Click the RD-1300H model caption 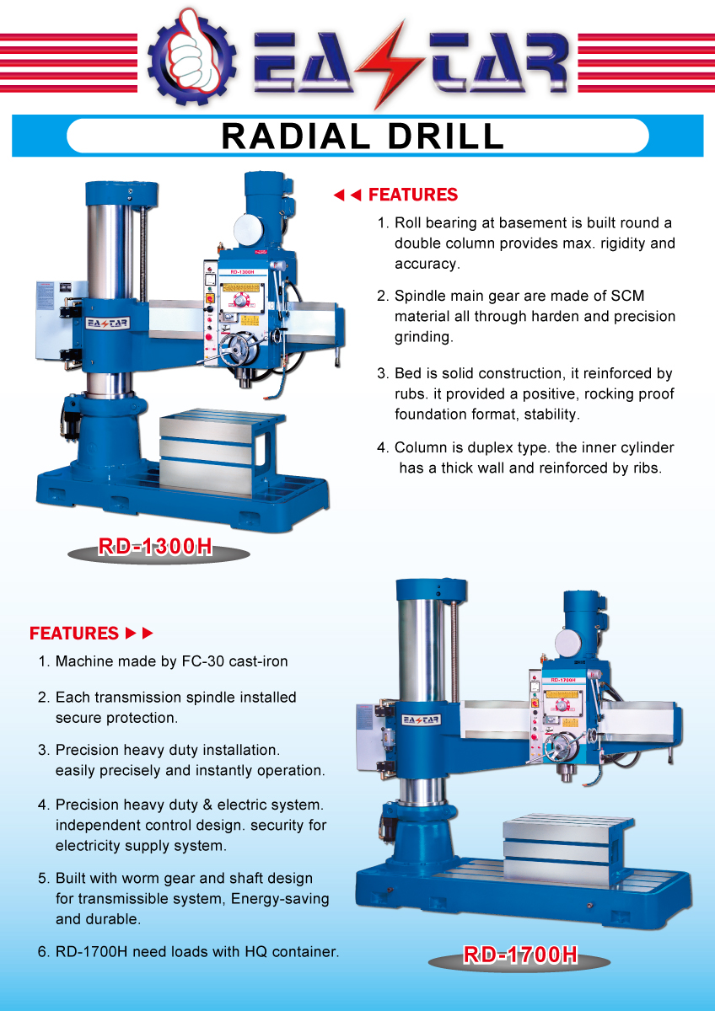tap(155, 547)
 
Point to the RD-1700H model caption tap(519, 955)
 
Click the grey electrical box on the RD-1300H tap(60, 320)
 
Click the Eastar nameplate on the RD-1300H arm tap(107, 322)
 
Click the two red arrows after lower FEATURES tap(139, 633)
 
